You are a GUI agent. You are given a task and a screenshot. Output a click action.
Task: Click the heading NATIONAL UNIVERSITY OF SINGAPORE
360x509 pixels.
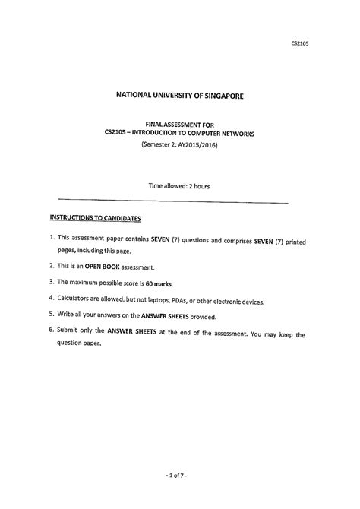click(x=180, y=96)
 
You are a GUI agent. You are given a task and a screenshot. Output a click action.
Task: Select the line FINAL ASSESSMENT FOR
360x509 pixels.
click(x=180, y=123)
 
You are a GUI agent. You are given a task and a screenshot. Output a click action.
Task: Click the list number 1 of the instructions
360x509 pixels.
click(x=51, y=240)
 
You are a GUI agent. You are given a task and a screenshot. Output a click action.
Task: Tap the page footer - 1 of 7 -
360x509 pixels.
click(x=180, y=477)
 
